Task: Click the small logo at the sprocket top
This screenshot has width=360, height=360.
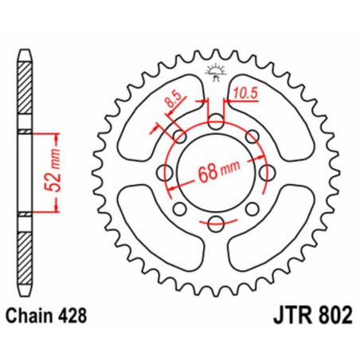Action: coord(214,70)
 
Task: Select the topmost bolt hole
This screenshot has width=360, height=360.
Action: coord(215,122)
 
